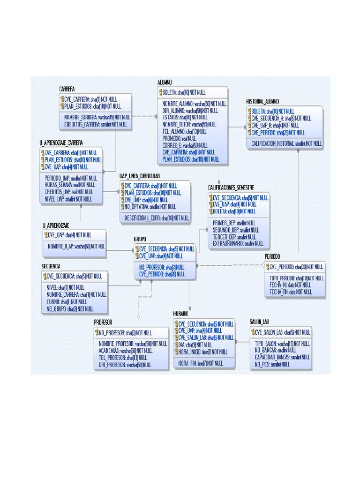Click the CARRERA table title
(x=67, y=89)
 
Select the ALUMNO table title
(x=165, y=82)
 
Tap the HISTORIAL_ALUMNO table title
(x=262, y=101)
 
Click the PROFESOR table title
(x=103, y=322)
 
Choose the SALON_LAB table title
(x=259, y=322)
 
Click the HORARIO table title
(x=181, y=313)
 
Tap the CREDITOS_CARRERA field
(x=96, y=124)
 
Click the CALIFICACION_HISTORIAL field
(x=286, y=143)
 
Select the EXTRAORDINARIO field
(x=238, y=244)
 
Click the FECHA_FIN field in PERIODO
(x=290, y=292)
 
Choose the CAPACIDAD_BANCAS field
(x=282, y=357)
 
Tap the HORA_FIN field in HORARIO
(x=200, y=363)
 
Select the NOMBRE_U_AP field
(x=75, y=246)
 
